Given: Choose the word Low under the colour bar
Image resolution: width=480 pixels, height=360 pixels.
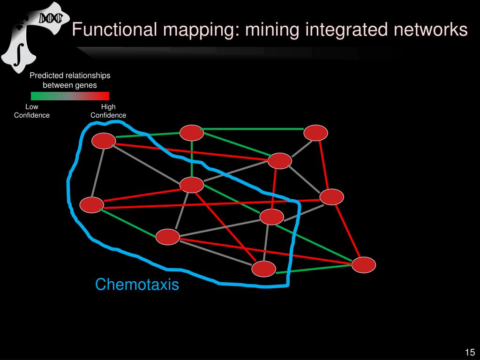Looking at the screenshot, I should point(32,107).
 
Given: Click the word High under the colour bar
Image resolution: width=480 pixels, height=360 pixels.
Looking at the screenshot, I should point(108,107).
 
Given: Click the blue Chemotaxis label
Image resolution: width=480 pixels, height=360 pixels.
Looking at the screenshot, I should point(137,285).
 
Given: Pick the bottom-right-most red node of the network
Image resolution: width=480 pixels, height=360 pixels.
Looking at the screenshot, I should point(364,265).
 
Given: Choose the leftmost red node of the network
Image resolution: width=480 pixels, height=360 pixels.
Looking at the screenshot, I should point(91,205).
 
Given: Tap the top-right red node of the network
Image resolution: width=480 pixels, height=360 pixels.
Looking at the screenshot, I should point(315,133).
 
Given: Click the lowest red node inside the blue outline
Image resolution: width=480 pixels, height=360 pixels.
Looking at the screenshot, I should point(264,269).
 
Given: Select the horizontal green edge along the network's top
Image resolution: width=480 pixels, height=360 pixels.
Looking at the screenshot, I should point(253,128).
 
